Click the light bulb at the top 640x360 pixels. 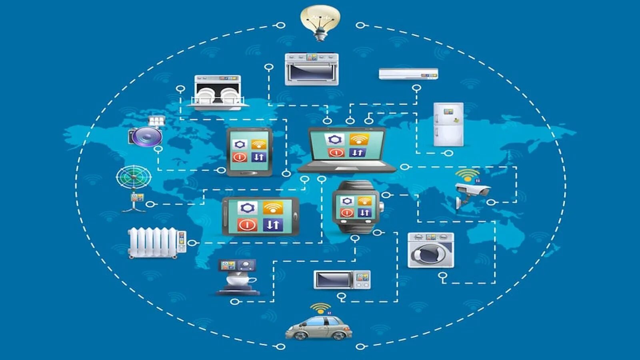click(320, 20)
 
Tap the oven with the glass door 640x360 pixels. click(312, 70)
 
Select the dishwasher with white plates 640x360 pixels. click(218, 93)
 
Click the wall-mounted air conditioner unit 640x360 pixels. click(408, 74)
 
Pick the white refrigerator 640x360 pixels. click(448, 124)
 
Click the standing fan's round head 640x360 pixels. click(134, 177)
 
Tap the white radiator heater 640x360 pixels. click(154, 242)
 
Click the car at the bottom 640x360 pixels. click(319, 328)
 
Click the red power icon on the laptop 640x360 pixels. click(336, 152)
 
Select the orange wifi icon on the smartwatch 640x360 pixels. click(364, 200)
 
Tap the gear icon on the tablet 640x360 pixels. click(240, 144)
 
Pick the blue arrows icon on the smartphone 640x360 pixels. click(273, 224)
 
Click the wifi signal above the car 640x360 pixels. click(320, 308)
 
